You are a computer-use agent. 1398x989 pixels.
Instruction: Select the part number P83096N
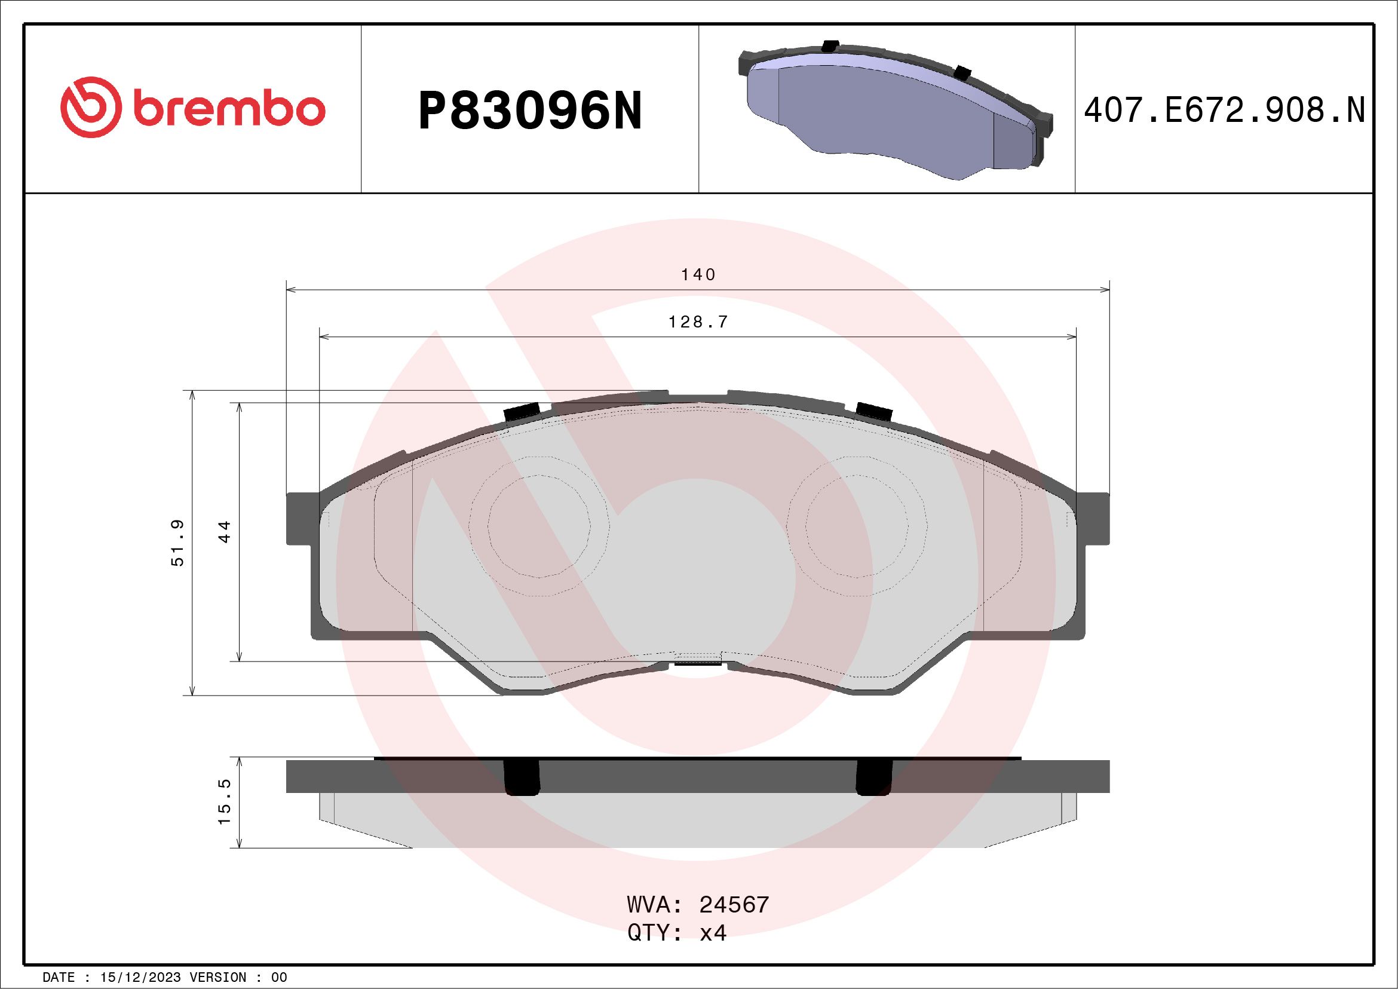(530, 111)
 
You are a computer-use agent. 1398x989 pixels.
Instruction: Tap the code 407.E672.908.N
(1225, 111)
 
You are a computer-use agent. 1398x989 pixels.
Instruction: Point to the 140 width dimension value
(698, 275)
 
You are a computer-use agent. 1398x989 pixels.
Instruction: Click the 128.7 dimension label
(698, 322)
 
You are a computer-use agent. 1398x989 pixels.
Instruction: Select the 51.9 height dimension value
(177, 543)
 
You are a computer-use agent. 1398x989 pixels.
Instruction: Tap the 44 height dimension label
(225, 532)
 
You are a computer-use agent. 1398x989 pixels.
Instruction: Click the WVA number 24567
(734, 905)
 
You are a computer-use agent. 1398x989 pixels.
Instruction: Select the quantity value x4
(713, 933)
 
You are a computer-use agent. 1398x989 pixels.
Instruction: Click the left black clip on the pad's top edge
(523, 412)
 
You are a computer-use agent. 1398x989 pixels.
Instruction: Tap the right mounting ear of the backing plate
(1093, 518)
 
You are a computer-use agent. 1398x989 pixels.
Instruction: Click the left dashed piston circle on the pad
(539, 526)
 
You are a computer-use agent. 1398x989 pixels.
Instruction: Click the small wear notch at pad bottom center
(698, 659)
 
